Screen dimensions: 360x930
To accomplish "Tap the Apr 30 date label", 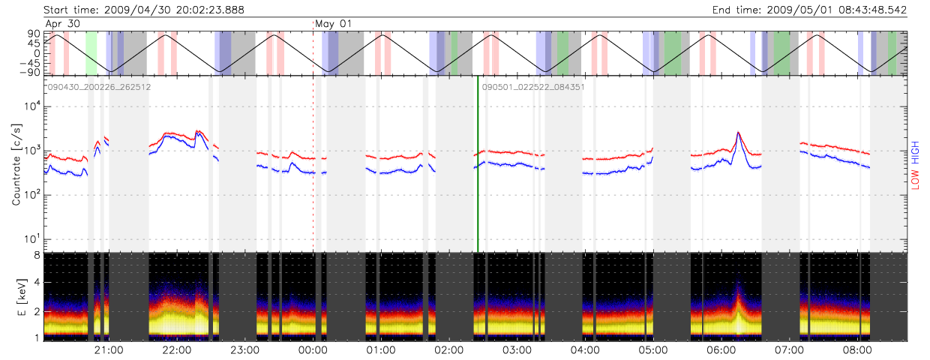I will [63, 23].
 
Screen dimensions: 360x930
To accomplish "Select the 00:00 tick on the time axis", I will [313, 350].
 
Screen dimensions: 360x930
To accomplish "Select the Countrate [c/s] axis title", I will [16, 164].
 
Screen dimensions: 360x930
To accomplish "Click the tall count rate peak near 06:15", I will [739, 133].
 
